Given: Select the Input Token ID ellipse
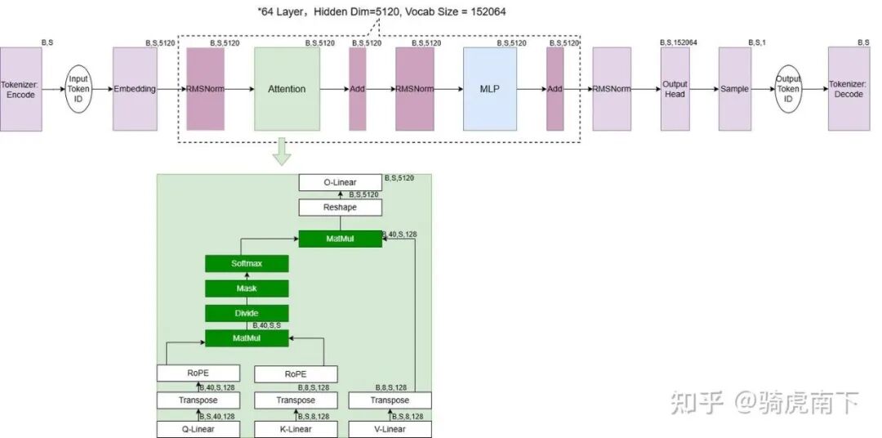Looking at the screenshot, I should (x=79, y=89).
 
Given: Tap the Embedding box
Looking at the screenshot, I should (x=135, y=89).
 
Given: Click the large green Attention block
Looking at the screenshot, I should (x=287, y=89).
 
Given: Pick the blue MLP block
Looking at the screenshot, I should (x=490, y=89).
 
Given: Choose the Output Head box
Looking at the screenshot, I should (x=675, y=89).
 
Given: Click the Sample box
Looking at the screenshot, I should (x=734, y=89).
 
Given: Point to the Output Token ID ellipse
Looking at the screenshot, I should (x=789, y=89).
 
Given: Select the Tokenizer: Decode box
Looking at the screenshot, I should (x=849, y=89).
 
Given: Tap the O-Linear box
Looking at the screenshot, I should (x=340, y=182).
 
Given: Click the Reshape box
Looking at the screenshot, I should (x=340, y=208).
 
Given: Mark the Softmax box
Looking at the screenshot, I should (x=247, y=264).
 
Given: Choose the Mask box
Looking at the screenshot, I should (x=247, y=288).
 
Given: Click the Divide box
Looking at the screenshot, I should (x=247, y=313).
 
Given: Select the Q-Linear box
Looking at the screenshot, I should (x=198, y=429).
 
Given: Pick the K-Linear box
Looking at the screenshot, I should (x=295, y=429).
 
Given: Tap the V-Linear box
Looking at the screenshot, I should (x=390, y=429).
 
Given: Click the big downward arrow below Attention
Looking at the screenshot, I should (x=282, y=152).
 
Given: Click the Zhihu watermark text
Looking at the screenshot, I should (x=764, y=401).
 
